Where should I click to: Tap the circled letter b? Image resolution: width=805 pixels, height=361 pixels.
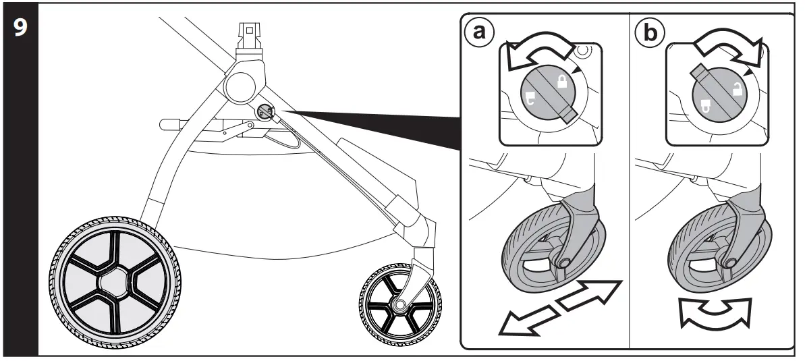point(648,32)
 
